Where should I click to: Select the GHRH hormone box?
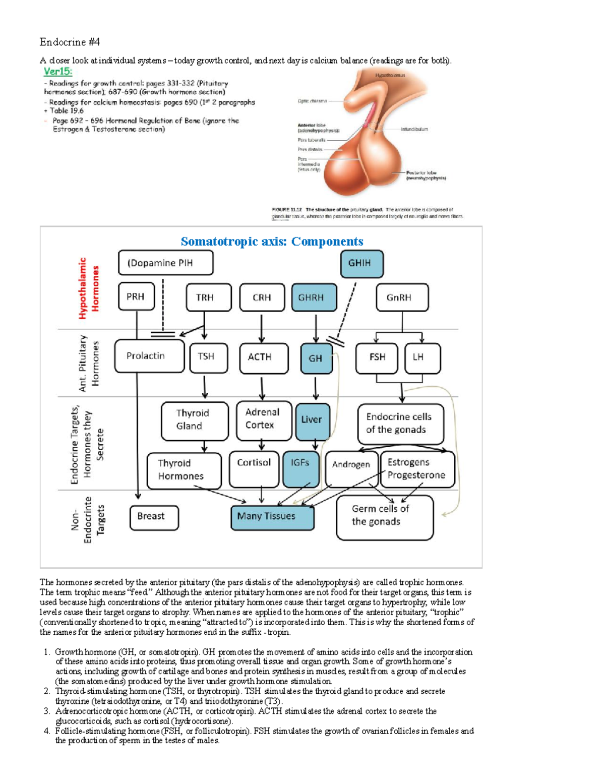[314, 297]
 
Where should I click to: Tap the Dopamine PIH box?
[165, 263]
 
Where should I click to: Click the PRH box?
[136, 297]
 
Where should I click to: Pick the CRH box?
[262, 297]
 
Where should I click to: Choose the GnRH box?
[402, 297]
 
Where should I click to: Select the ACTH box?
[264, 357]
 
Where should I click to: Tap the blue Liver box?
[312, 420]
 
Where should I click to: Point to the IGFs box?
[300, 469]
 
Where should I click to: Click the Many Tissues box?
[272, 517]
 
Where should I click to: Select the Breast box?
[154, 517]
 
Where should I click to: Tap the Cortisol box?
[254, 469]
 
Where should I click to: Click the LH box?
[422, 357]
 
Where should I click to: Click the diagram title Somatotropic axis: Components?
[272, 242]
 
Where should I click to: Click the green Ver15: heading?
[58, 72]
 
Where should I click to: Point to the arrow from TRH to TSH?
[204, 326]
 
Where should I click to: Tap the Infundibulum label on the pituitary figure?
[414, 130]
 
